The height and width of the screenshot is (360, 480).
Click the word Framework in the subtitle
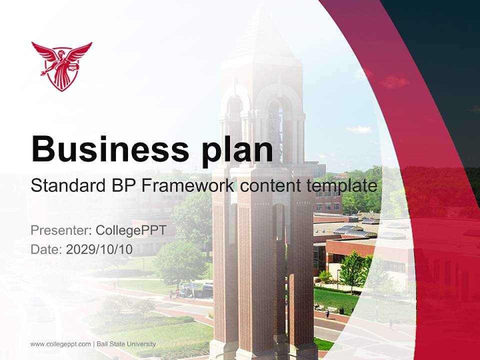pos(185,186)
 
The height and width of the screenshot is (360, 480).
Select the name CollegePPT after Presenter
pos(131,230)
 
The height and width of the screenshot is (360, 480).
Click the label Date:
pos(46,249)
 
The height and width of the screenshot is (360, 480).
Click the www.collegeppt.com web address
pos(60,344)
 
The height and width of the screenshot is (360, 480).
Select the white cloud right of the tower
pos(359,129)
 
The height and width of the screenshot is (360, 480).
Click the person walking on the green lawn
pos(327,313)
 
